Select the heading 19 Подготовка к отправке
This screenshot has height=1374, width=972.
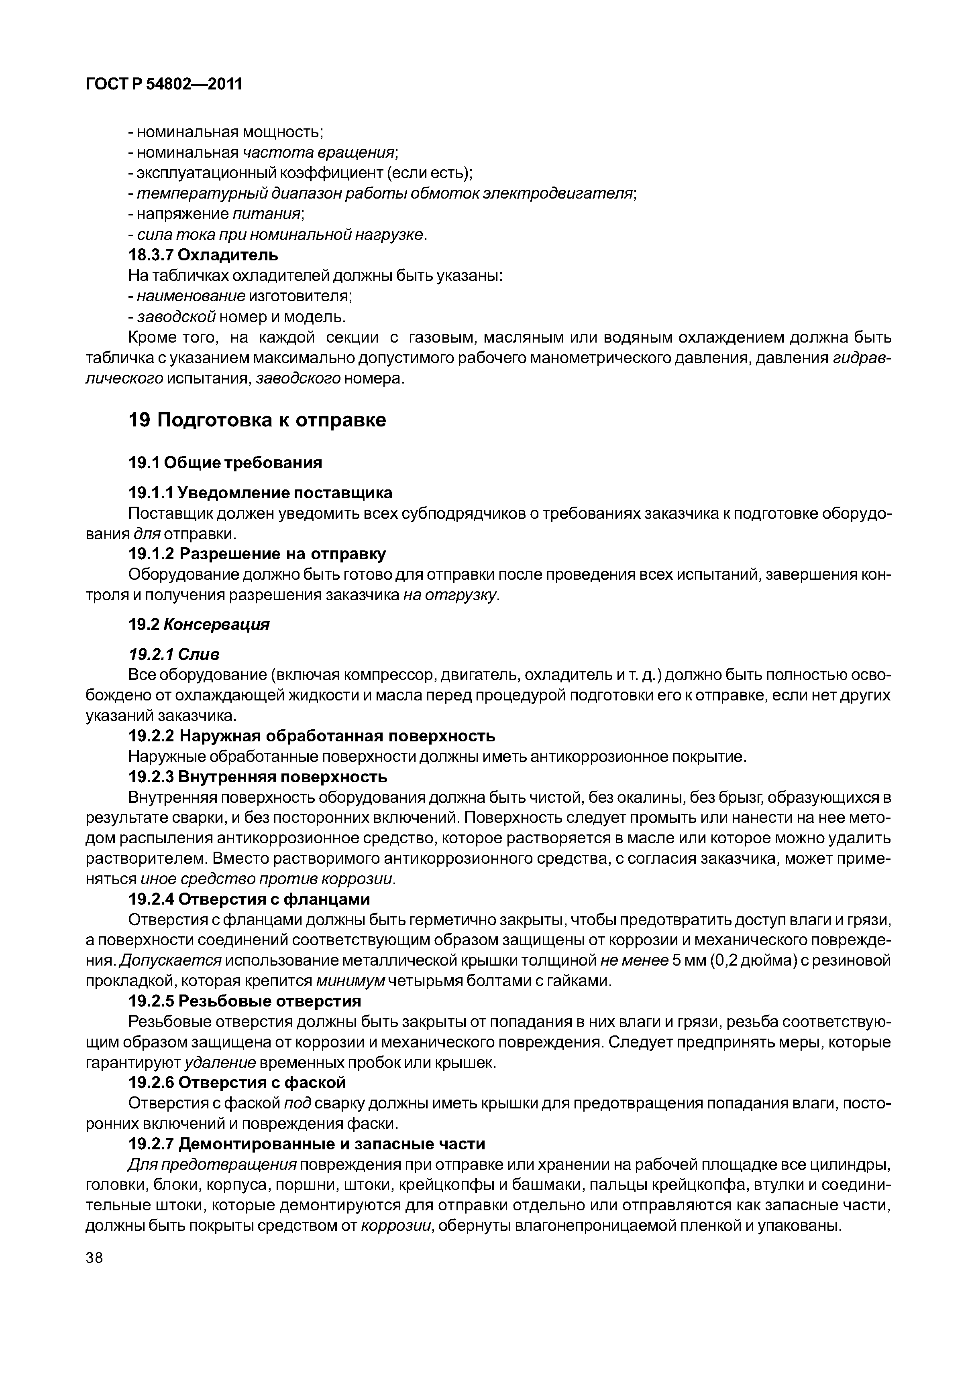[257, 420]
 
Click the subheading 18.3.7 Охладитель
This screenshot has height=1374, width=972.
[204, 255]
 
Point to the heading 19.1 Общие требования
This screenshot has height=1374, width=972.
[225, 463]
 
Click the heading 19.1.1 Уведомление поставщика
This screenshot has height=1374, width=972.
[261, 493]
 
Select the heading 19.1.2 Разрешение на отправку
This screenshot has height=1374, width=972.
[257, 554]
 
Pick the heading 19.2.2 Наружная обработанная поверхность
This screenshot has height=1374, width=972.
[312, 735]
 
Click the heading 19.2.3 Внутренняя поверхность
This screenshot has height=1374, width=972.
[258, 777]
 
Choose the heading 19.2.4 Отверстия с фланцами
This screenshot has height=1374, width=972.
[250, 899]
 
